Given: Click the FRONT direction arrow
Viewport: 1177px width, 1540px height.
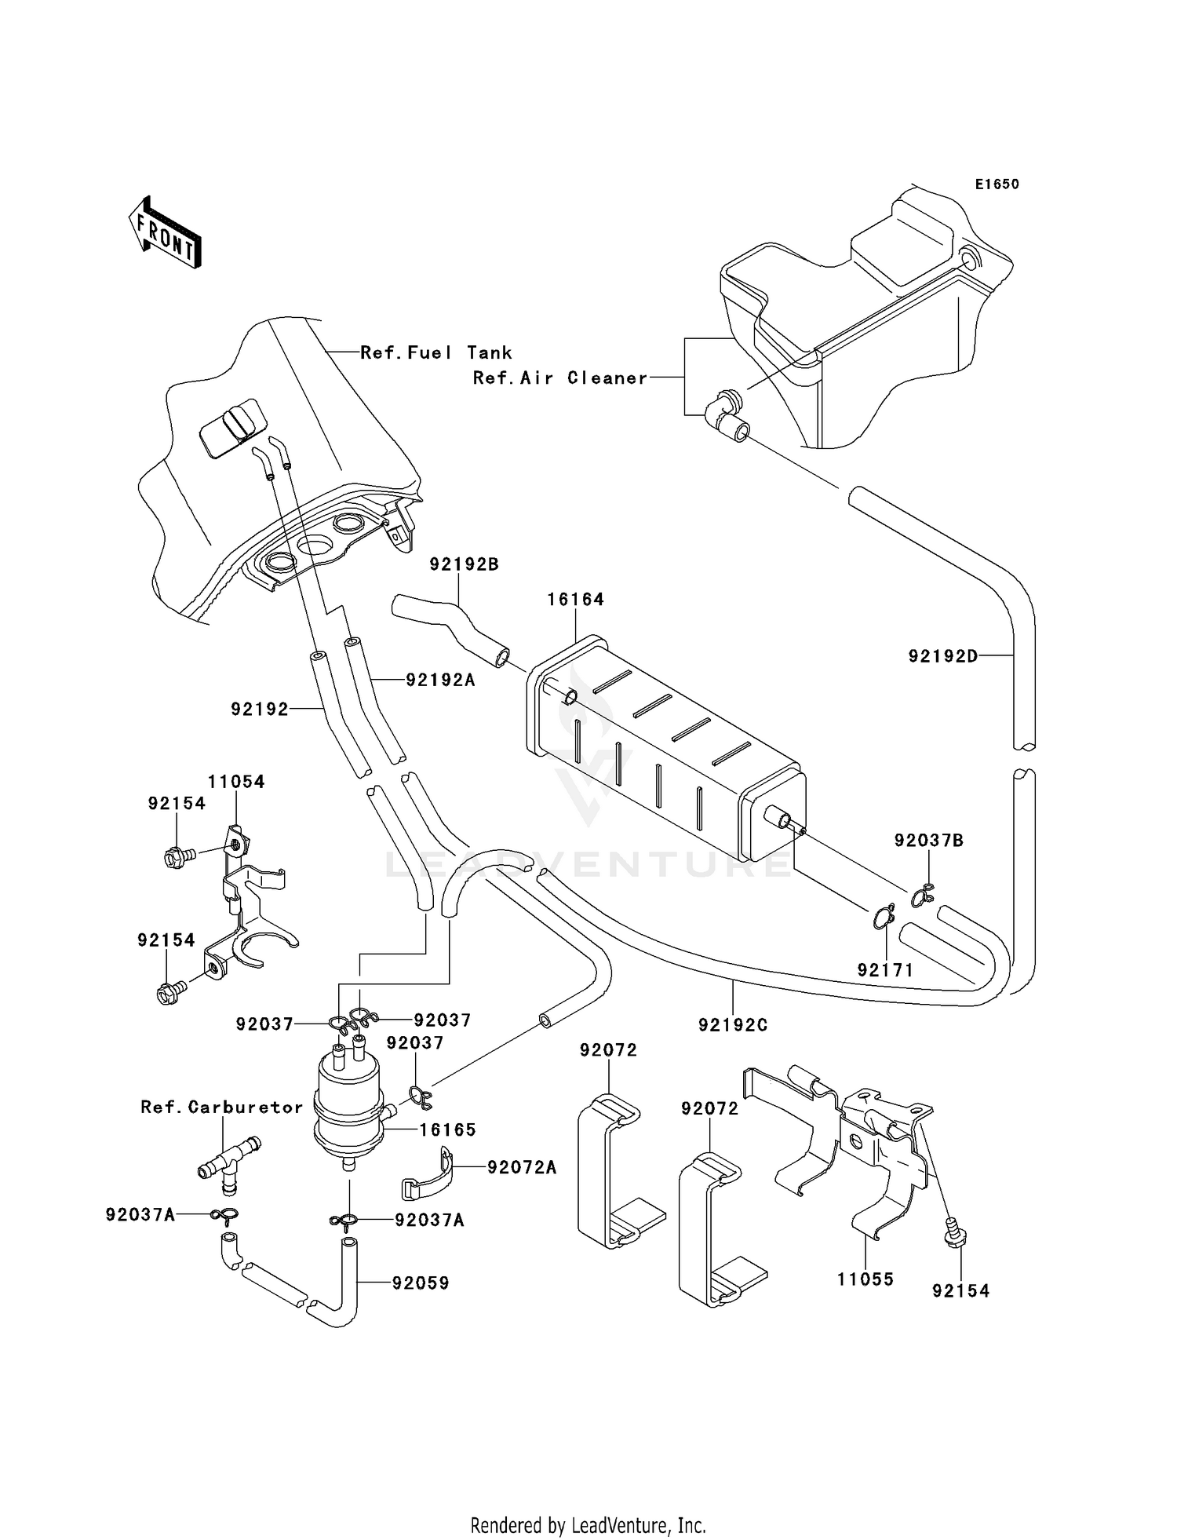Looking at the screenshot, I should (166, 232).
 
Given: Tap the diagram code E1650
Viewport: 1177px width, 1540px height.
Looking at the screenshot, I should (997, 184).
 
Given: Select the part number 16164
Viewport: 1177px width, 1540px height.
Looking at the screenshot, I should (575, 600).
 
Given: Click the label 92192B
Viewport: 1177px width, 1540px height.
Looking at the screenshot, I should (464, 564).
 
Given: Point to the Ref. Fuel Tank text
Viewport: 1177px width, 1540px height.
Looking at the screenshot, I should (435, 353).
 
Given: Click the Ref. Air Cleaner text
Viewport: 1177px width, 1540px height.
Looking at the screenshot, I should (560, 378).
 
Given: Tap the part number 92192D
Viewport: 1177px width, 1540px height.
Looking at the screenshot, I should (943, 655).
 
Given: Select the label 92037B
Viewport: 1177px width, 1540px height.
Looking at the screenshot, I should (928, 841).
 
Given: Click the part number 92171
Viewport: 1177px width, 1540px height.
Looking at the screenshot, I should (885, 970).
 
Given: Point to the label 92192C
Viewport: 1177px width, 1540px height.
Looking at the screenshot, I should (733, 1025).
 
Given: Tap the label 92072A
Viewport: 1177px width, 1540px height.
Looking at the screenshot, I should (521, 1168).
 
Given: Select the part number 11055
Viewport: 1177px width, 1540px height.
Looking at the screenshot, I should (865, 1279).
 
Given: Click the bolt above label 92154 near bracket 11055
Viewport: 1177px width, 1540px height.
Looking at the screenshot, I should (954, 1233).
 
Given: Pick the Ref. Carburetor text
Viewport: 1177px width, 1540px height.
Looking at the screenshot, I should (221, 1108).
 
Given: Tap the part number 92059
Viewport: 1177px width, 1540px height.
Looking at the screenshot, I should (421, 1283).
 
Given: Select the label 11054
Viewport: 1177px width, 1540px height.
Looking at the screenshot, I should (236, 782).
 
